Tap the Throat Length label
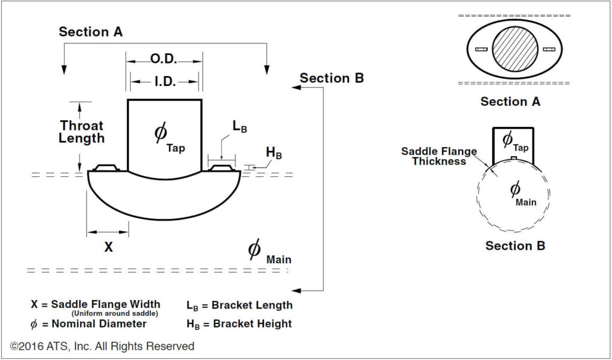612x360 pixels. click(82, 132)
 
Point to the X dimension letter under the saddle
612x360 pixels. click(108, 246)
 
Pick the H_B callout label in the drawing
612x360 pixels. click(274, 152)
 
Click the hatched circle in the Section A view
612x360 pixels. click(517, 48)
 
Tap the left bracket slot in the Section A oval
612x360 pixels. click(481, 49)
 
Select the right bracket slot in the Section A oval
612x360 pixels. click(549, 49)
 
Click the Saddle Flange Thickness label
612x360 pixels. click(439, 156)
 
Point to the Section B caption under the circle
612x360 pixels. click(515, 246)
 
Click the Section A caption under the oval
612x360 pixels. click(510, 102)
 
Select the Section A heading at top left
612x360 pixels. click(91, 32)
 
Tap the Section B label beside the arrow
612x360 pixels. click(332, 78)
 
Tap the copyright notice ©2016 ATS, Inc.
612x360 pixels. click(102, 346)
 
